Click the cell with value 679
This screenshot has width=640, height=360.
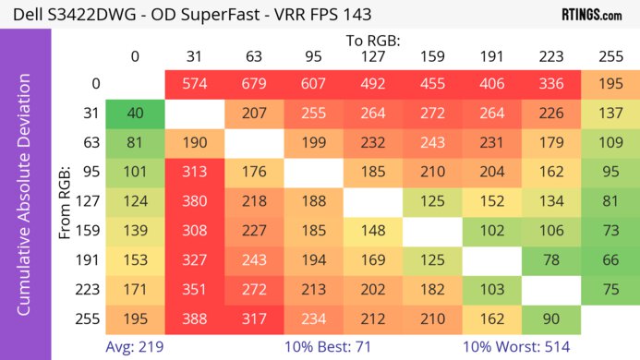pyautogui.click(x=254, y=84)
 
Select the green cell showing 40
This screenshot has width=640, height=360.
pyautogui.click(x=135, y=114)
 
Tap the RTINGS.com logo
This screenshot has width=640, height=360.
pyautogui.click(x=591, y=15)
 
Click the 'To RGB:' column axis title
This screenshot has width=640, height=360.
pyautogui.click(x=372, y=41)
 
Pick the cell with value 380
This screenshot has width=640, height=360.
pyautogui.click(x=194, y=202)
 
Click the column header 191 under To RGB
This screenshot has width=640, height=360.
pyautogui.click(x=492, y=57)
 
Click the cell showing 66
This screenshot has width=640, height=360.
pyautogui.click(x=610, y=261)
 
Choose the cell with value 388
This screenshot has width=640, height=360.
pyautogui.click(x=194, y=320)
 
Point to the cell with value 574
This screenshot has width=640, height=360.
pyautogui.click(x=194, y=84)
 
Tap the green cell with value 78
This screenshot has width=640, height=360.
pyautogui.click(x=551, y=261)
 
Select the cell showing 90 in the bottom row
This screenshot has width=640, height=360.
pyautogui.click(x=551, y=320)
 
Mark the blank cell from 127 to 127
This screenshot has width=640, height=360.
pyautogui.click(x=373, y=202)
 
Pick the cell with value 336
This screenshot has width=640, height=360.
pyautogui.click(x=551, y=84)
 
